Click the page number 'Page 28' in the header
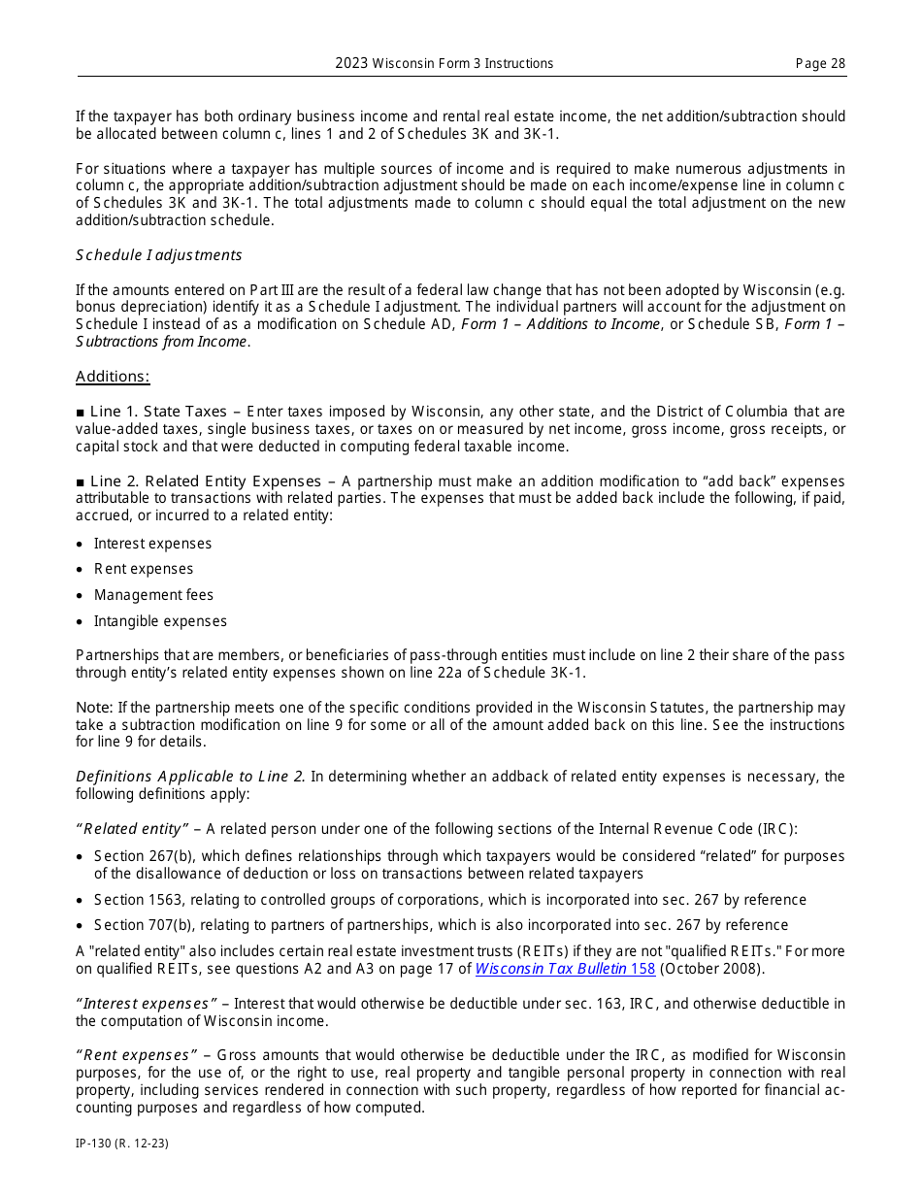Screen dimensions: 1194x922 [x=820, y=64]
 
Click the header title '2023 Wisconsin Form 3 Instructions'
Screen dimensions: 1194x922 [x=445, y=64]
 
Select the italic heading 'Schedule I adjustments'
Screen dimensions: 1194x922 [x=159, y=255]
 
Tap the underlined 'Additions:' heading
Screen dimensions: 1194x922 [x=113, y=377]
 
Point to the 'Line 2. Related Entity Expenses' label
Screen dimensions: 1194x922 [x=205, y=481]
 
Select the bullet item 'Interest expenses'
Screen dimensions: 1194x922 [x=152, y=544]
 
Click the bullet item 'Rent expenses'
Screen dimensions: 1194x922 [x=144, y=569]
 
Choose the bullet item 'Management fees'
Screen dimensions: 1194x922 [x=153, y=595]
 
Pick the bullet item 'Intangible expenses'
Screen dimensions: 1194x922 [x=160, y=621]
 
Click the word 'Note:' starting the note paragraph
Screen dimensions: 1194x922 [x=94, y=708]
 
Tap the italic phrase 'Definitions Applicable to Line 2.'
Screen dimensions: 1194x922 [x=191, y=777]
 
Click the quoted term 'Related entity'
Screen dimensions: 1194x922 [x=132, y=829]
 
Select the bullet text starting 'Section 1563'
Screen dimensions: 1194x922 [x=449, y=900]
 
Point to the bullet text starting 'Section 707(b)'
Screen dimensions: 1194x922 [x=441, y=925]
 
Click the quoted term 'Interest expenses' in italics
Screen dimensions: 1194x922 [x=147, y=1004]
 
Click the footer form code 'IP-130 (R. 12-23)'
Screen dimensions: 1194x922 [x=122, y=1144]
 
